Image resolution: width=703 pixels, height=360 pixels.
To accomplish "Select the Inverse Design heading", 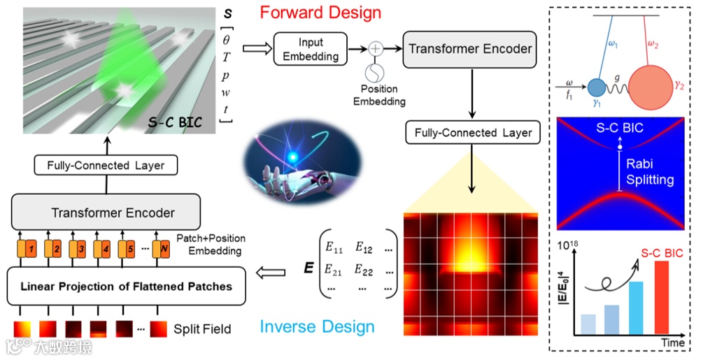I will pos(317,326).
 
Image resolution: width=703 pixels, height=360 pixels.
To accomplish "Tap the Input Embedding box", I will pos(309,50).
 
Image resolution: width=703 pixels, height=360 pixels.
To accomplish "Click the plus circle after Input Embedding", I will pos(376,49).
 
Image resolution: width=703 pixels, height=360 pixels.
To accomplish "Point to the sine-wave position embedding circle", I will pos(376,73).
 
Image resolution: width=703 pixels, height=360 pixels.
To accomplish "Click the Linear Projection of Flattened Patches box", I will pos(126,285).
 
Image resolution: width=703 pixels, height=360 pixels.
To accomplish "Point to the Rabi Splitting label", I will pos(650,173).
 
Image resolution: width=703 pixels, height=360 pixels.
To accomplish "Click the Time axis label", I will pos(674,342).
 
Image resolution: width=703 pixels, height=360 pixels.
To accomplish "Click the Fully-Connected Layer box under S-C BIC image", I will pos(106,165).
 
